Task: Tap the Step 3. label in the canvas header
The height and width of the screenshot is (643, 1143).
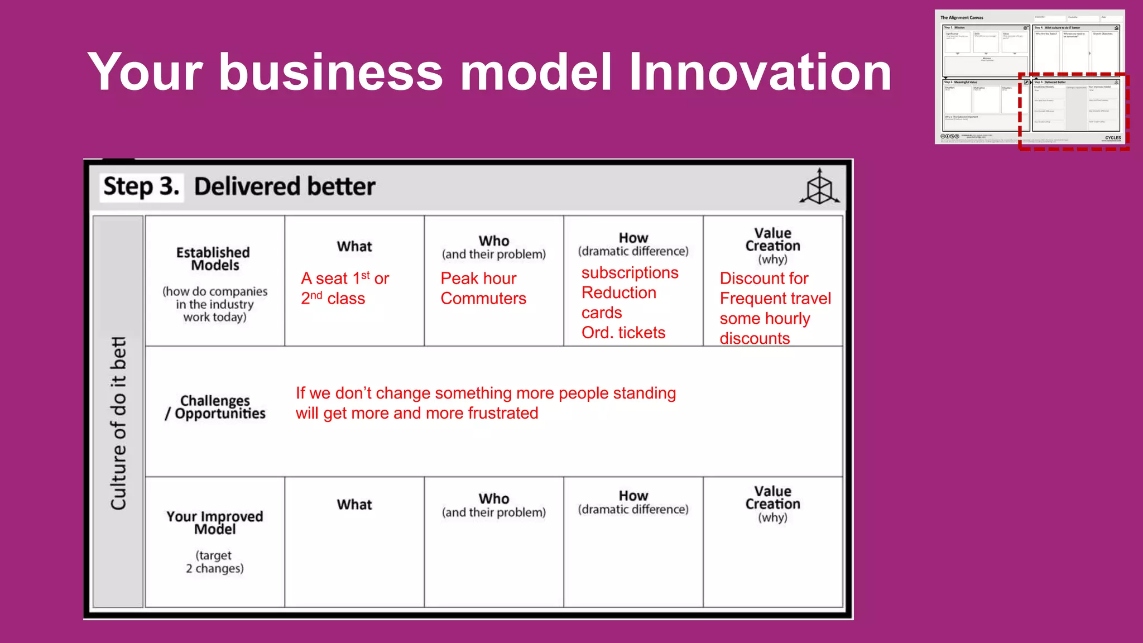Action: [142, 186]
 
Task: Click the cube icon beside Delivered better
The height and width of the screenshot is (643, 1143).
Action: [819, 187]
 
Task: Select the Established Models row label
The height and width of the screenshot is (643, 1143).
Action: [214, 259]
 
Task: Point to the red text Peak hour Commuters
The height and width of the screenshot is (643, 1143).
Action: [483, 288]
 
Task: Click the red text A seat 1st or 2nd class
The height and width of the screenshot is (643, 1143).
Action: [344, 288]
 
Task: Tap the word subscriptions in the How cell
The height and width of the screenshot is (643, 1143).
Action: [630, 272]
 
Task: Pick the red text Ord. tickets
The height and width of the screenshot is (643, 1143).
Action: [623, 333]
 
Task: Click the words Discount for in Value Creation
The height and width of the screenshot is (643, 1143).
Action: [763, 278]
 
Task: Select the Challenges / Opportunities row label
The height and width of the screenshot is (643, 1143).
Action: [215, 407]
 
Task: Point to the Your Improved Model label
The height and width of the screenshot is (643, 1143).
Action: [215, 522]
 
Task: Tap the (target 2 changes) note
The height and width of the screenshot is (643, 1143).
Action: [215, 562]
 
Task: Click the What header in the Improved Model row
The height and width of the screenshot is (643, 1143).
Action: [354, 505]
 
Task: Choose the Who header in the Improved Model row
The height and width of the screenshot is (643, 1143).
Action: [494, 499]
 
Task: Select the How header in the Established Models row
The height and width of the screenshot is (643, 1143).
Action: [633, 238]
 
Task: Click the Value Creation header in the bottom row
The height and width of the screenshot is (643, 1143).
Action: [773, 498]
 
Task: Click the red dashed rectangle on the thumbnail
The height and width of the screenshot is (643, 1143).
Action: [1019, 112]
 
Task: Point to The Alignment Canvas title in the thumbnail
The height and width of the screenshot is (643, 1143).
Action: [962, 18]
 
